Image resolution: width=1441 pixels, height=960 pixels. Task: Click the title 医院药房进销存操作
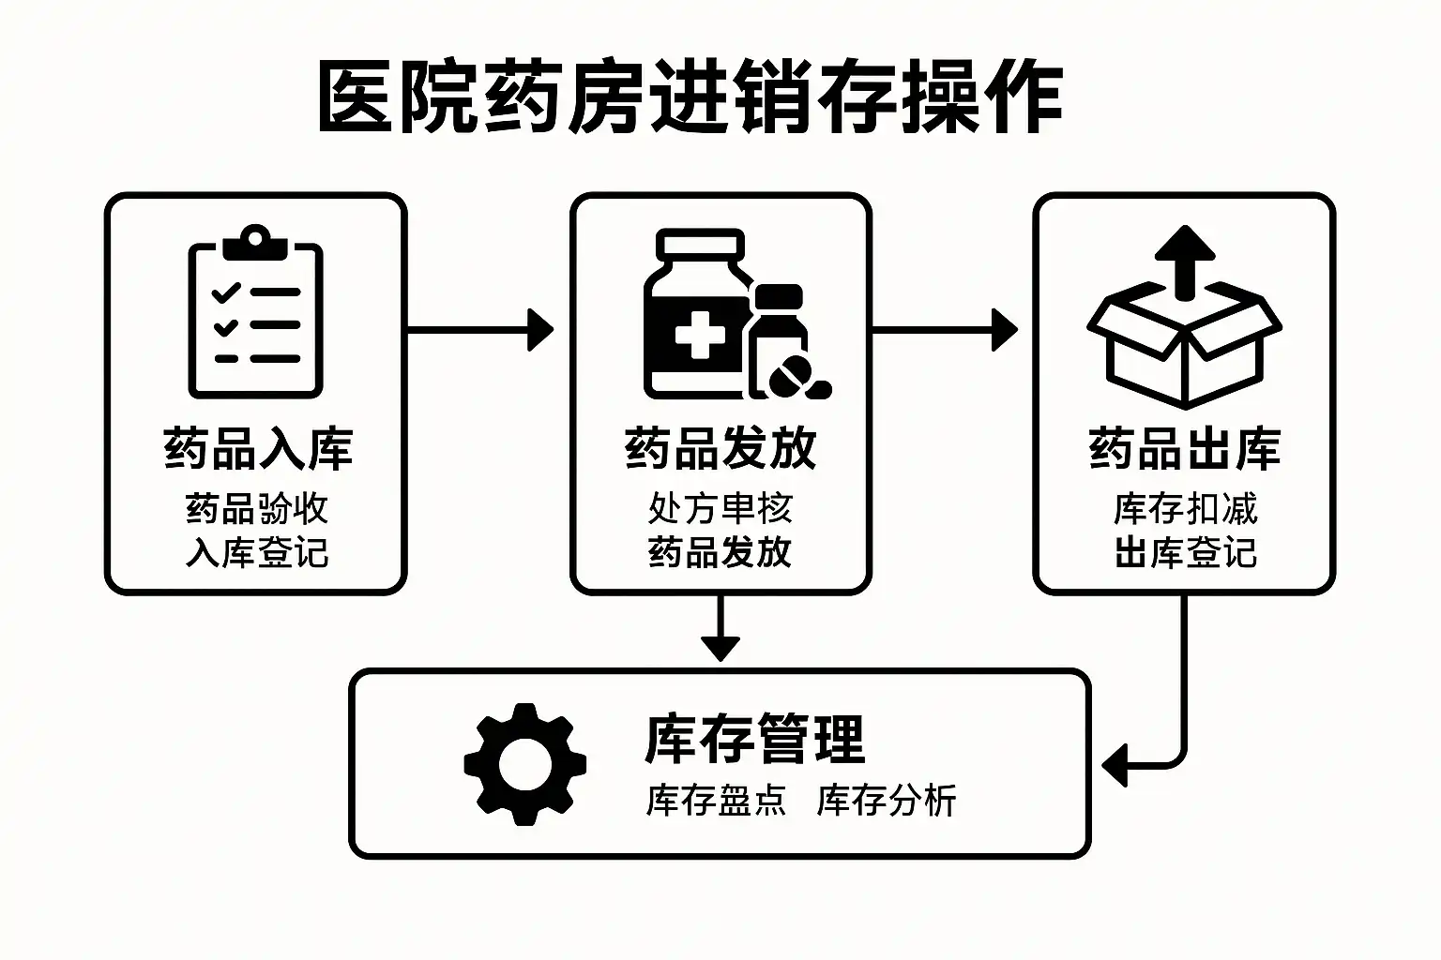690,97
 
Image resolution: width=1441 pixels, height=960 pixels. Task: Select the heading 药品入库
257,448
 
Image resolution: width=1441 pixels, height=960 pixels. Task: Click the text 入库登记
257,552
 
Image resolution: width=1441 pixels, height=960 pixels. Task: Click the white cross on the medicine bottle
699,335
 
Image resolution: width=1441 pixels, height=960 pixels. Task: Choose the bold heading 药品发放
720,448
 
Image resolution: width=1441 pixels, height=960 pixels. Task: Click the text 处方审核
720,509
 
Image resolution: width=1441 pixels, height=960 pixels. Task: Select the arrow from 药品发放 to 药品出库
944,330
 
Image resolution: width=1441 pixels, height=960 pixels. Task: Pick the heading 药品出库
1184,448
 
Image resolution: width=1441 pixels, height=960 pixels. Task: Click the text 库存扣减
1184,509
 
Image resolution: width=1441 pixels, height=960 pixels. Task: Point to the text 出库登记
1184,552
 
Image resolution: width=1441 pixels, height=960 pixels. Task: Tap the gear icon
525,764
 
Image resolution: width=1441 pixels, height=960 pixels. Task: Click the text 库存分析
886,801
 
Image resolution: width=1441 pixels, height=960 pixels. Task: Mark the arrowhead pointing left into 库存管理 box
1115,765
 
